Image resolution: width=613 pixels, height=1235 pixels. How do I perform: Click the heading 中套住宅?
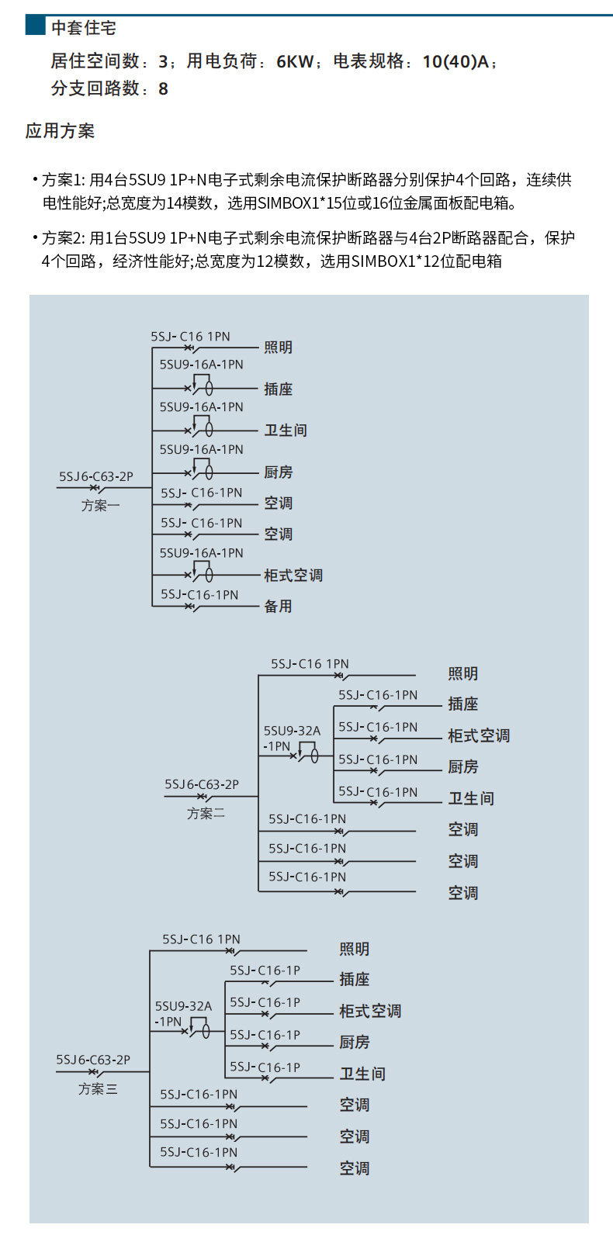(x=83, y=28)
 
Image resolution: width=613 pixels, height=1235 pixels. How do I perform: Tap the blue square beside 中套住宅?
(x=35, y=26)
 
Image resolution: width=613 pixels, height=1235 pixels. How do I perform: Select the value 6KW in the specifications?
(x=294, y=61)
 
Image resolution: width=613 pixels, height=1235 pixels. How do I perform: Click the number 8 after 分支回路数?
(x=163, y=89)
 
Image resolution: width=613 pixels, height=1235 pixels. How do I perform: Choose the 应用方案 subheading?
(x=60, y=131)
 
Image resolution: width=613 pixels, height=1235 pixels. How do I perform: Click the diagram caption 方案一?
(x=101, y=506)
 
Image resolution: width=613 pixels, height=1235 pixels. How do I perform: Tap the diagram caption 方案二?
(x=206, y=814)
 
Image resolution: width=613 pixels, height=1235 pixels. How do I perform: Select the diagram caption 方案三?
(x=98, y=1089)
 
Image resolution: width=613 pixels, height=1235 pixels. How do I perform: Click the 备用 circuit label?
(x=278, y=607)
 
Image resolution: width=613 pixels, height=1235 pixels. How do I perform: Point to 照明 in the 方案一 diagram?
(x=278, y=348)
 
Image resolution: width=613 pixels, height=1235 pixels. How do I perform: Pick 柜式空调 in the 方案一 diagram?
(x=293, y=576)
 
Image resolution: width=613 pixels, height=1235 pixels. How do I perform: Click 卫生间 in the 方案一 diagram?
(x=285, y=431)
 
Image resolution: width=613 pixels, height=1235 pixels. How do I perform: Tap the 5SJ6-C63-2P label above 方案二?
(x=202, y=785)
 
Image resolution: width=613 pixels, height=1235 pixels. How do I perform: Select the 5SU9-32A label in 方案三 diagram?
(x=183, y=1007)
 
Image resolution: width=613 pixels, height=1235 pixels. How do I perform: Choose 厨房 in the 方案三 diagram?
(x=354, y=1043)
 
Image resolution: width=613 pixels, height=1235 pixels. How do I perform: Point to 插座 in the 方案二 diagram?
(x=462, y=704)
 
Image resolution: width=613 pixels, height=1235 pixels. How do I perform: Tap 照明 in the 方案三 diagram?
(x=354, y=950)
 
